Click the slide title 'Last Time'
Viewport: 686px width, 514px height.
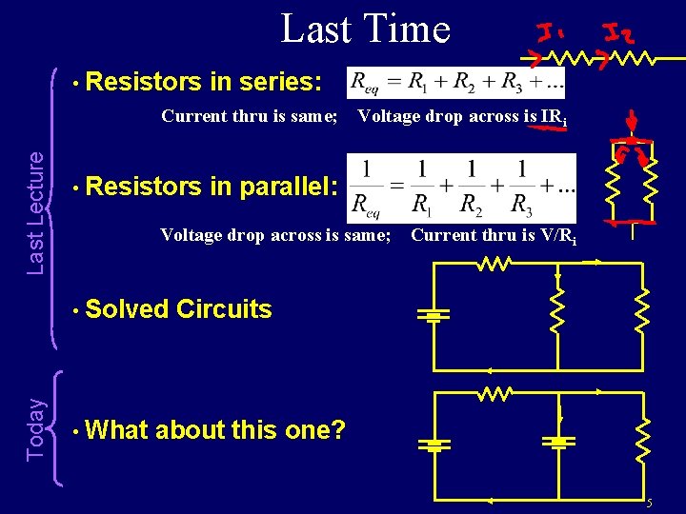pyautogui.click(x=365, y=29)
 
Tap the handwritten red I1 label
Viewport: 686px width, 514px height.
pyautogui.click(x=550, y=35)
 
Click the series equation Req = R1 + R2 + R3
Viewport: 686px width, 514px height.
pyautogui.click(x=456, y=82)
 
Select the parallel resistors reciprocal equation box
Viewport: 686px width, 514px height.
pyautogui.click(x=462, y=187)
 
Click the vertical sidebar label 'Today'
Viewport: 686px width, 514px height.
pyautogui.click(x=35, y=429)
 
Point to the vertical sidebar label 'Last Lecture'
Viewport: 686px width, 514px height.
pyautogui.click(x=35, y=213)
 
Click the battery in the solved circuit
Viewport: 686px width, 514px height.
pyautogui.click(x=432, y=315)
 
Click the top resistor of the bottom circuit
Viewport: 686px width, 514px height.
pyautogui.click(x=495, y=392)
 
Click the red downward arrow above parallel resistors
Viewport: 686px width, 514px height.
pyautogui.click(x=629, y=121)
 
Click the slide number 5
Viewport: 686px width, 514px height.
pyautogui.click(x=648, y=503)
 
